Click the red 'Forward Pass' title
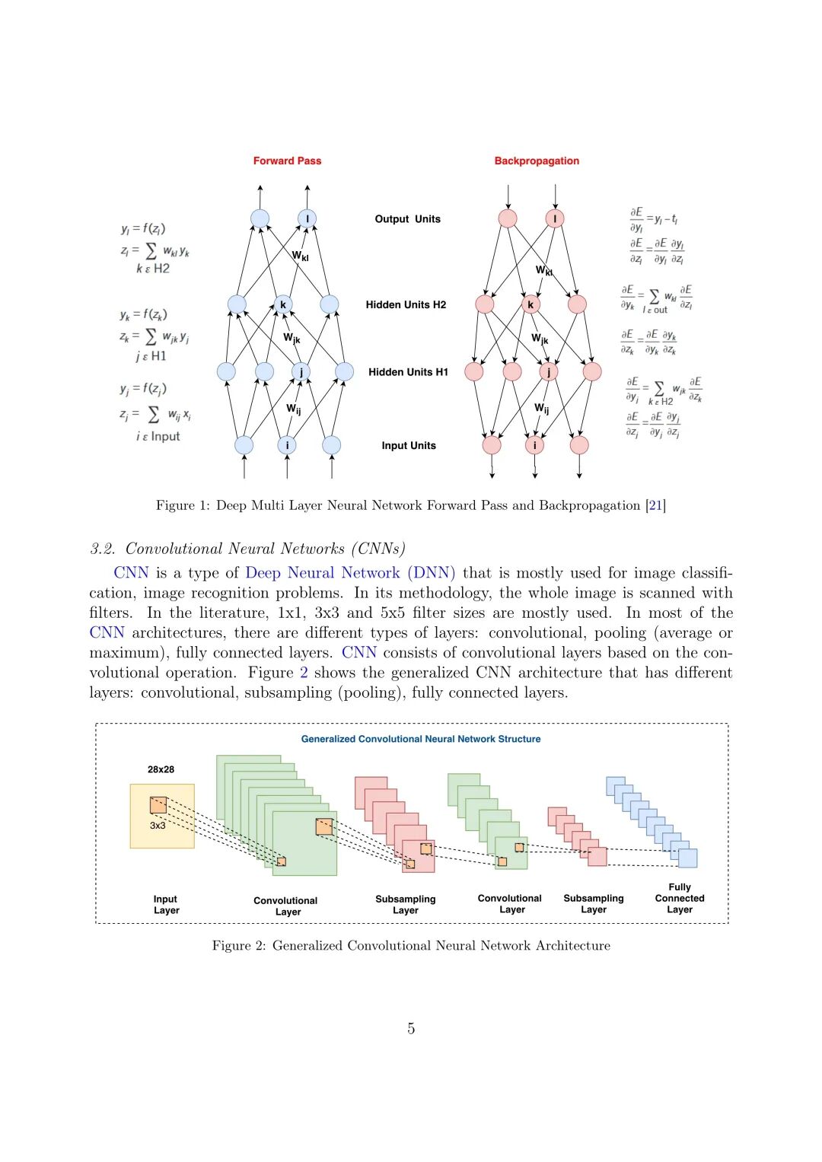[x=287, y=161]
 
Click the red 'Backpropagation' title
[x=537, y=161]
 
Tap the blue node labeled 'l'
[x=307, y=219]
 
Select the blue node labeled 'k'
[x=283, y=305]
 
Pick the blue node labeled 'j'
[x=301, y=372]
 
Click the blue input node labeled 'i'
[x=287, y=445]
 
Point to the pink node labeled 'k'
[x=530, y=305]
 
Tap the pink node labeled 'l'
[x=555, y=219]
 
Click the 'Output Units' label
[x=407, y=219]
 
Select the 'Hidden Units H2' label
[x=406, y=305]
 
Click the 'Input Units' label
[x=409, y=446]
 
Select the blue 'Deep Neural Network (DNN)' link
[x=350, y=573]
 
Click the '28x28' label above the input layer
[x=161, y=769]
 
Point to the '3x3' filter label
[x=158, y=826]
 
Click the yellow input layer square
[x=162, y=816]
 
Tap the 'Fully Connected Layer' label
[x=680, y=898]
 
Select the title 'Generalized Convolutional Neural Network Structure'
[x=421, y=739]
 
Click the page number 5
[x=411, y=1029]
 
